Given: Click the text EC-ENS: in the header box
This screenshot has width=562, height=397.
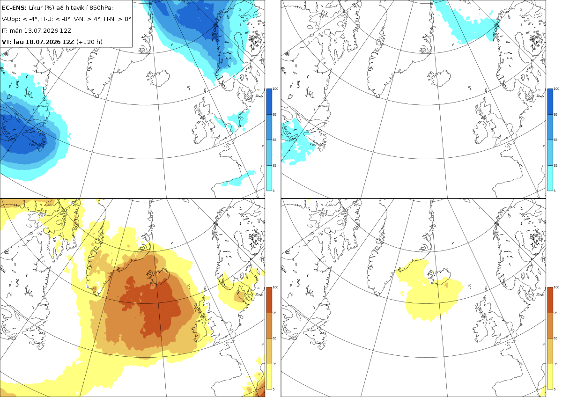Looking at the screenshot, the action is click(14, 8).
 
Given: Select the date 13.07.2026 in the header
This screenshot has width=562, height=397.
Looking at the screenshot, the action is click(41, 30).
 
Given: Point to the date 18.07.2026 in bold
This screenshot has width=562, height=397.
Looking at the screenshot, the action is click(44, 42).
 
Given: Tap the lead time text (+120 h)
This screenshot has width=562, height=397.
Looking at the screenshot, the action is click(89, 42).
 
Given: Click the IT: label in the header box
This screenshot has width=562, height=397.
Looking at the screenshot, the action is click(5, 30).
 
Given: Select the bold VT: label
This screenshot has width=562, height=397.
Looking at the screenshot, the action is click(7, 42).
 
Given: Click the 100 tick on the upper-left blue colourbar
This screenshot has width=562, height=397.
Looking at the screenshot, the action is click(275, 89).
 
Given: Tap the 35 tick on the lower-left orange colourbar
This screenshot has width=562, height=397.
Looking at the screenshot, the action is click(274, 364).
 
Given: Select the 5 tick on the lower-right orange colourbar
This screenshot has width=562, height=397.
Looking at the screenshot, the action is click(555, 389).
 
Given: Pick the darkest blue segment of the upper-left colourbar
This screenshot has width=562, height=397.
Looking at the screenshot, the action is click(269, 102).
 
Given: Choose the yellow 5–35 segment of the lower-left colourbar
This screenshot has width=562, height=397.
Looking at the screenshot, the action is click(269, 376).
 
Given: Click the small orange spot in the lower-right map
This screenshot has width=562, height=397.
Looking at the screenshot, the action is click(446, 285).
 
